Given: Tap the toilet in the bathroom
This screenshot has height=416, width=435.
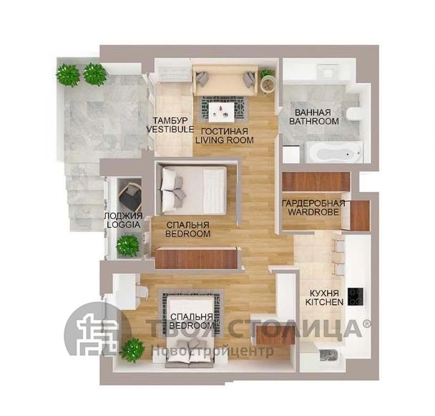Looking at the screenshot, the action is click(x=354, y=114).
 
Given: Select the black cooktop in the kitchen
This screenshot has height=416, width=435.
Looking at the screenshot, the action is click(x=356, y=296).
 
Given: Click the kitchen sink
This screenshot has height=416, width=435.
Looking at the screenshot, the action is click(x=328, y=355).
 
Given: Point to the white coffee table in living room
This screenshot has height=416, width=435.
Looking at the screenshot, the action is click(x=222, y=112).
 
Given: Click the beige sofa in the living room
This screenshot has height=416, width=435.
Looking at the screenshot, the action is click(x=225, y=80).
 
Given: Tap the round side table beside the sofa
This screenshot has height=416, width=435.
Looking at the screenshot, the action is click(x=268, y=84).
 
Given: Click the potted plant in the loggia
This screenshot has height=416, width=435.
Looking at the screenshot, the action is click(x=127, y=246).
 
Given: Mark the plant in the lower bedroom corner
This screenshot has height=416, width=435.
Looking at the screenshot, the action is click(x=133, y=350).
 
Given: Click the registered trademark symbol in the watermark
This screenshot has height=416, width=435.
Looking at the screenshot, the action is click(x=366, y=324).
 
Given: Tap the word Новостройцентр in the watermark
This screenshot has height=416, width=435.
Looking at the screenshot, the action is click(x=213, y=351).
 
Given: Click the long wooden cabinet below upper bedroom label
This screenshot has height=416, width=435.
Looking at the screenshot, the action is click(x=197, y=258).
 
